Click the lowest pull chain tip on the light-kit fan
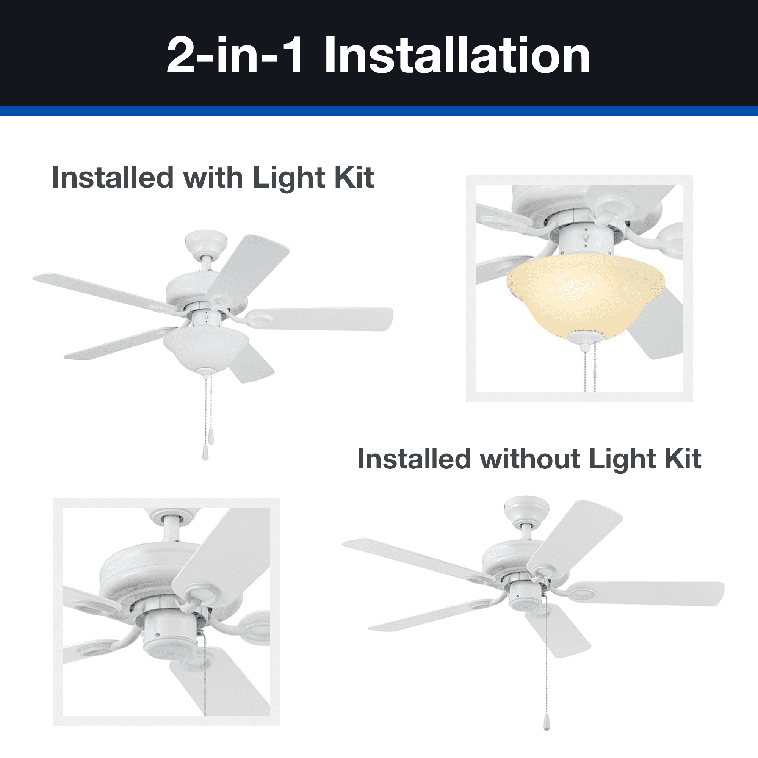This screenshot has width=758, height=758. tap(205, 453)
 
